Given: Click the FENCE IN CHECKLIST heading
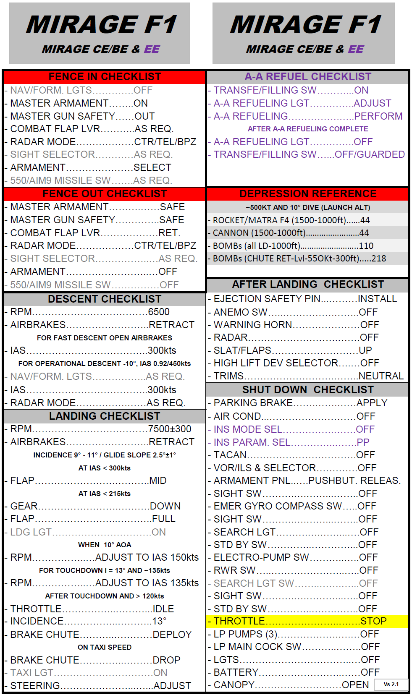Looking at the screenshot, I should coord(105,77).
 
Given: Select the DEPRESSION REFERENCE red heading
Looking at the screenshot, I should coord(308,194).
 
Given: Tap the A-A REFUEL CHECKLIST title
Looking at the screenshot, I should coord(308,77).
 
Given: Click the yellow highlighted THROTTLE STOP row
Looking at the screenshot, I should coord(307,622).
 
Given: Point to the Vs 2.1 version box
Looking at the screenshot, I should coord(391,685).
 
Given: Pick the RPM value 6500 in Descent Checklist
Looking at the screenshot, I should coord(159,312).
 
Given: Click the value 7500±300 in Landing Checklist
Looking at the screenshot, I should coord(170,429).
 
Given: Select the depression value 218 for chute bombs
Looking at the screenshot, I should coord(378,259).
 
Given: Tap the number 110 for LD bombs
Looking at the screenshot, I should coord(366,246).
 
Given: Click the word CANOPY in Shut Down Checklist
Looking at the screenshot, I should coord(234,685).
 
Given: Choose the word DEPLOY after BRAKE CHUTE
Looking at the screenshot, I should coord(172,635).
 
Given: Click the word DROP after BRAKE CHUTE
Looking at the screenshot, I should coord(166,660).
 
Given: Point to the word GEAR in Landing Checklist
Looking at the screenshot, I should coord(24,506).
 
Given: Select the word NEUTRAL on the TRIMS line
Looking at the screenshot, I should coord(381,376).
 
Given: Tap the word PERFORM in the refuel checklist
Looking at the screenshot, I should coord(378,116).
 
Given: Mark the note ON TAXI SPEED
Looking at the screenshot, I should coord(105,647).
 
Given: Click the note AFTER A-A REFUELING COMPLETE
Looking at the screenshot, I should coord(308,129).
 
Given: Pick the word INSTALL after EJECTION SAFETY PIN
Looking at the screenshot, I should coord(377,299).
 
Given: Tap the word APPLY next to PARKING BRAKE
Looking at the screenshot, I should coord(372,403).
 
